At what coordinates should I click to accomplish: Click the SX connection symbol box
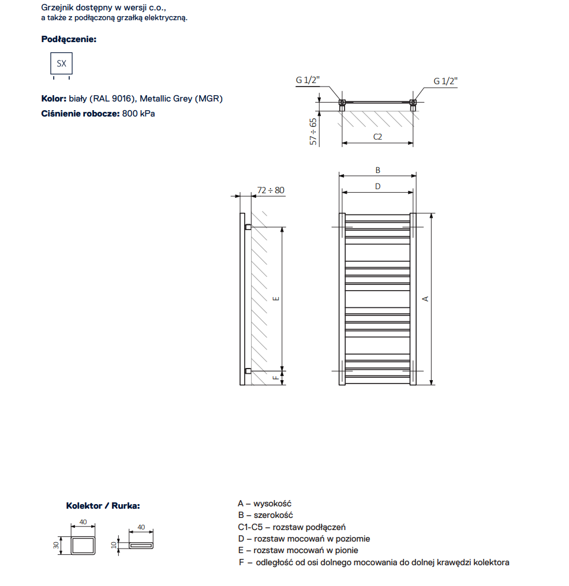[x=61, y=63]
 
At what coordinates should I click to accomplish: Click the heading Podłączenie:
[x=69, y=39]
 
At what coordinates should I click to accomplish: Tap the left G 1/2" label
[x=308, y=80]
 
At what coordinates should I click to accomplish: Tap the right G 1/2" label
[x=446, y=81]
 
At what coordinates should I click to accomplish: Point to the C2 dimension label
[x=377, y=137]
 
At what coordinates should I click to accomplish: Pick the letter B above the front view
[x=378, y=170]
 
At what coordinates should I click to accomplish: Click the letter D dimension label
[x=378, y=186]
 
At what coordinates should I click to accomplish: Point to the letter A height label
[x=426, y=298]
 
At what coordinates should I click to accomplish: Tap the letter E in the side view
[x=276, y=298]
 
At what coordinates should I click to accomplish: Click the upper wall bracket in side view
[x=248, y=227]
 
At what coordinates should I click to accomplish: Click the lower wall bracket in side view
[x=248, y=370]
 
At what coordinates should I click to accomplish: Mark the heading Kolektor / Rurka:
[x=103, y=506]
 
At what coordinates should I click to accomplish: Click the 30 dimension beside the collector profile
[x=57, y=545]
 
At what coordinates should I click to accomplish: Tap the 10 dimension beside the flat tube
[x=114, y=545]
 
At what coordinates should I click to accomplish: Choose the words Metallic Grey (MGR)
[x=181, y=99]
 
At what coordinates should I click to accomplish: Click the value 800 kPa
[x=138, y=113]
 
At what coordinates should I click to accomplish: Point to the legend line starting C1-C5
[x=291, y=527]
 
